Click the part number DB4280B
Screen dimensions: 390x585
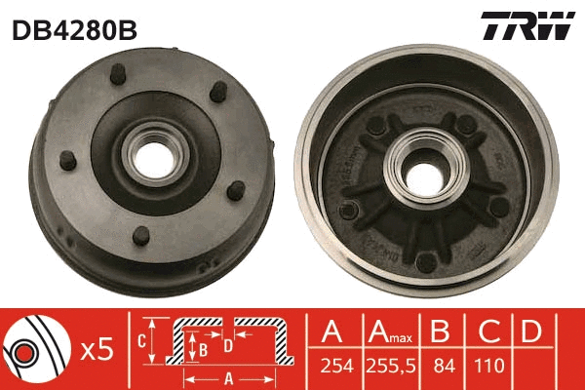(x=73, y=28)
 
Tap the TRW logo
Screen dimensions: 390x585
(x=527, y=26)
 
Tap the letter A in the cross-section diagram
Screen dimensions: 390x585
(x=228, y=379)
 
